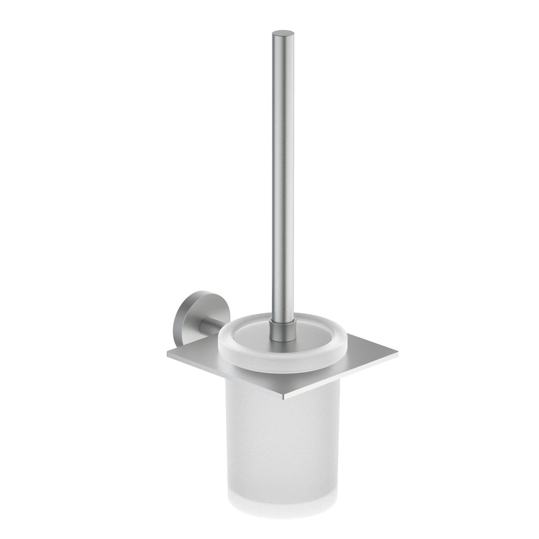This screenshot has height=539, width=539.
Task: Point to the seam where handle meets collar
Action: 280,316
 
